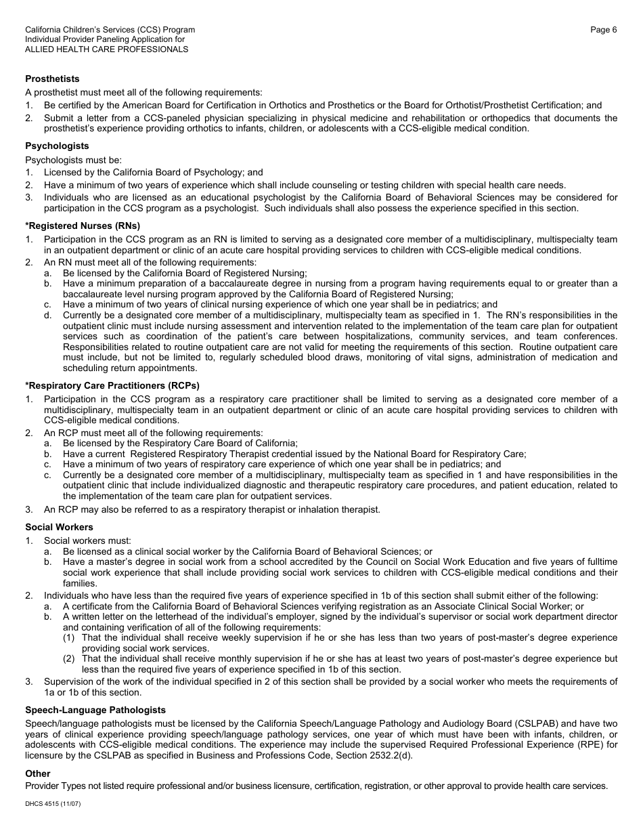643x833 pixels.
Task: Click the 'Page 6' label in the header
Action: point(603,30)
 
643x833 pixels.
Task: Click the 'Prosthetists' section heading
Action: point(52,79)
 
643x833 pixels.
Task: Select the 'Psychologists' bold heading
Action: point(57,146)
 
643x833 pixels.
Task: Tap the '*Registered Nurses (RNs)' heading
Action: point(83,226)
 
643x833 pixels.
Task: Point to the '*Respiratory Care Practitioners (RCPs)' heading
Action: point(112,386)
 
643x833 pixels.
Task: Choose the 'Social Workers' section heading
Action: point(59,527)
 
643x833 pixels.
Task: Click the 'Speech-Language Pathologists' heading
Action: point(95,710)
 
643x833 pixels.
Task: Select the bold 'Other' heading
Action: point(38,773)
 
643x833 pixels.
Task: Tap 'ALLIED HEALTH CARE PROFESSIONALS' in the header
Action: point(107,49)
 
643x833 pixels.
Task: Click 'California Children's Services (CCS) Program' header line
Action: point(110,30)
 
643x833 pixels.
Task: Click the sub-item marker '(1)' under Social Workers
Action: point(70,637)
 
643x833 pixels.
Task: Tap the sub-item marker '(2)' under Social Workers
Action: point(70,658)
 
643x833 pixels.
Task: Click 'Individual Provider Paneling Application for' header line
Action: point(105,39)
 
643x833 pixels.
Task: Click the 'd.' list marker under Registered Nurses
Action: point(48,315)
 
